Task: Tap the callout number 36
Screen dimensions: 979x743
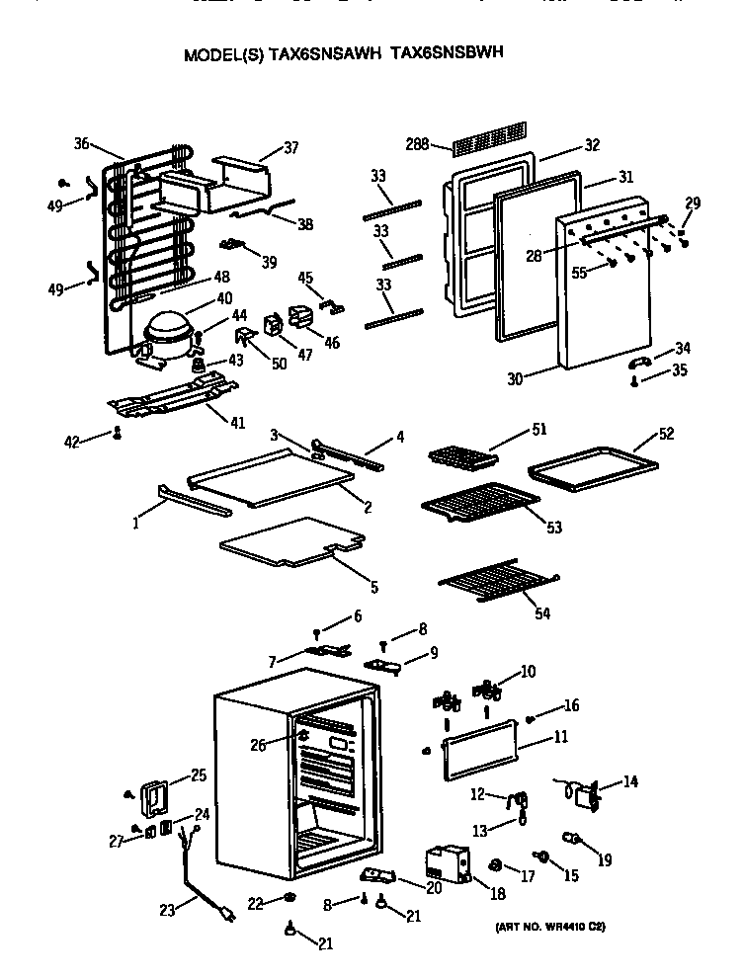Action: pyautogui.click(x=82, y=143)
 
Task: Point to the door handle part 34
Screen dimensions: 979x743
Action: pyautogui.click(x=640, y=361)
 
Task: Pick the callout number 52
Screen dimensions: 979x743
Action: pyautogui.click(x=667, y=433)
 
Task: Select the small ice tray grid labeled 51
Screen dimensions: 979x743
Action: pyautogui.click(x=462, y=456)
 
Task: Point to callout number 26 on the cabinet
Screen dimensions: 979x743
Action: pyautogui.click(x=259, y=745)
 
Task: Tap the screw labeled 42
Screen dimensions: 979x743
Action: pyautogui.click(x=118, y=432)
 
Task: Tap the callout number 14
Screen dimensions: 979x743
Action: pyautogui.click(x=629, y=782)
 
